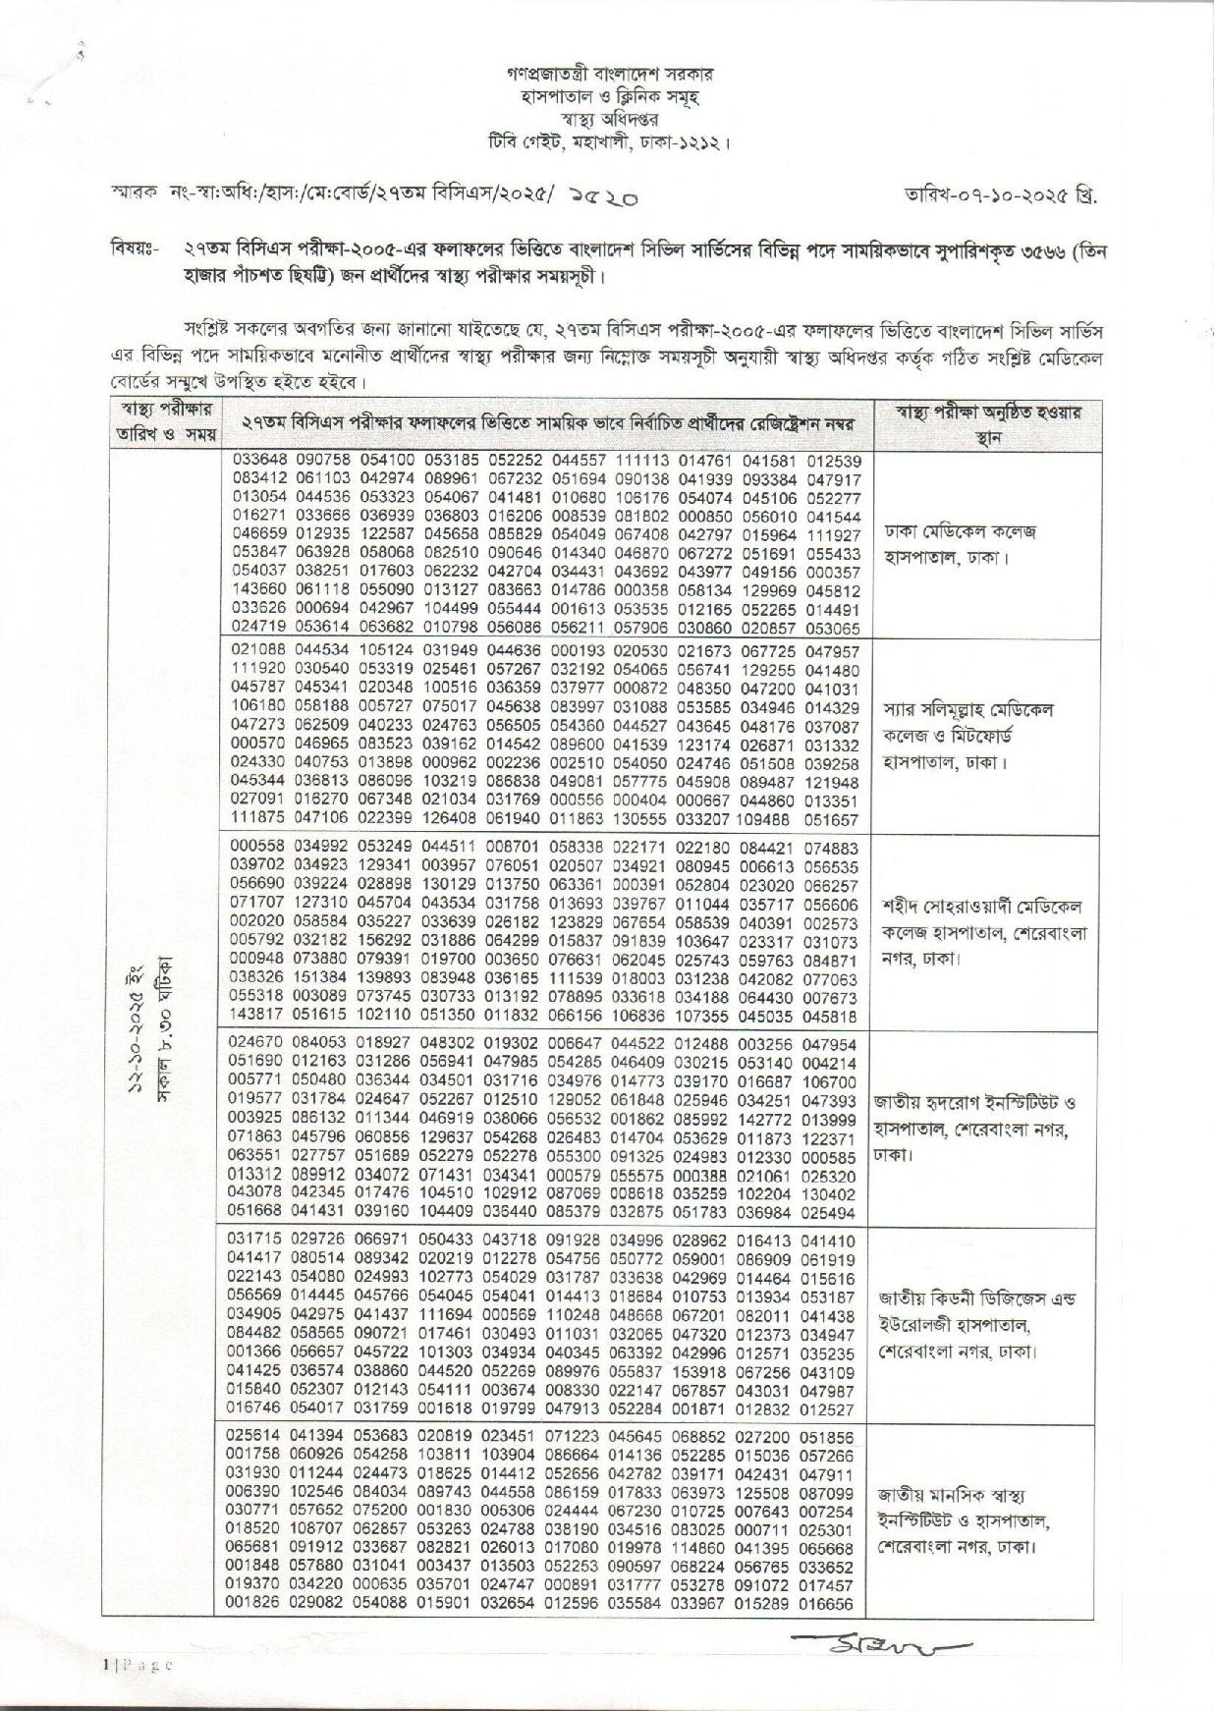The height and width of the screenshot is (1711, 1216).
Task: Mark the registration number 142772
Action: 767,1118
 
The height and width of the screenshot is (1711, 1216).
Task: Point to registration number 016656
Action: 831,1604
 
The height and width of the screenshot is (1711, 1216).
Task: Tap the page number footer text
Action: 138,1664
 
